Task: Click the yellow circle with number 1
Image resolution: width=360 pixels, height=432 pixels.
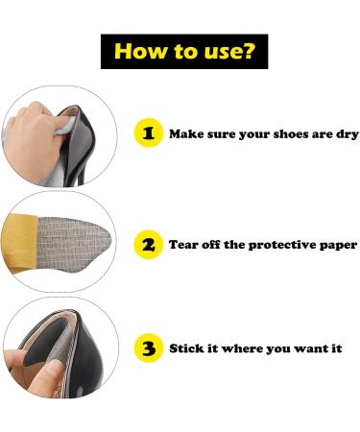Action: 148,134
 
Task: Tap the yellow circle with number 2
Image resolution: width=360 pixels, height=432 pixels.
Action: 148,245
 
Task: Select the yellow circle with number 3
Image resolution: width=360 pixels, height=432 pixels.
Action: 148,348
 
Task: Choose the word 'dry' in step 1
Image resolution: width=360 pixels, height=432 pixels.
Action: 347,134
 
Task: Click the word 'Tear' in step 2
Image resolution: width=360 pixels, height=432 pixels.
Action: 184,245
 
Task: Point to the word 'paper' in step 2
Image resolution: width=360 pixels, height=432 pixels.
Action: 337,246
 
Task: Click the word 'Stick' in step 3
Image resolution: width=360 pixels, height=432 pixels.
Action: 186,348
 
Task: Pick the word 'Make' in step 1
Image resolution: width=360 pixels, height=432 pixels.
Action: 186,134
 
